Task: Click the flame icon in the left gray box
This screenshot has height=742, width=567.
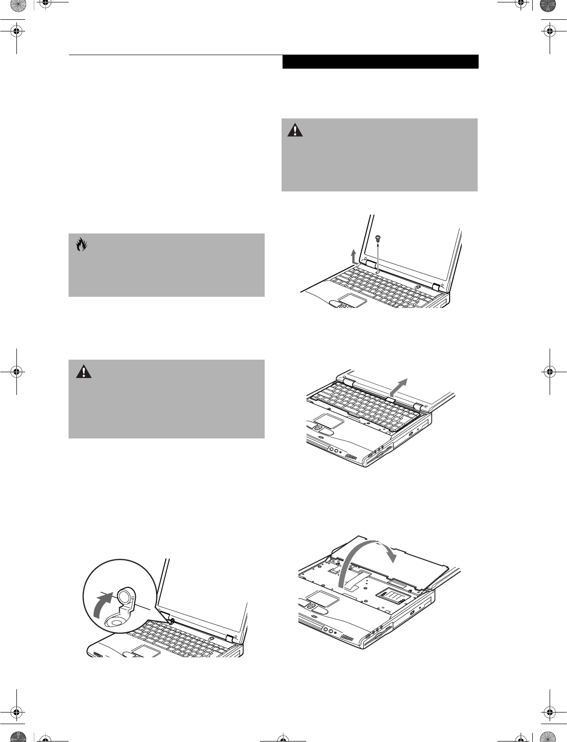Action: click(x=81, y=245)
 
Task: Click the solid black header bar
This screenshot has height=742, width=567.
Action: click(x=380, y=62)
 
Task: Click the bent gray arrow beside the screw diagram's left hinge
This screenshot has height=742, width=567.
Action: click(x=354, y=257)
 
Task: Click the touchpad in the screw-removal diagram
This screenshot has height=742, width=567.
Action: click(x=351, y=299)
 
